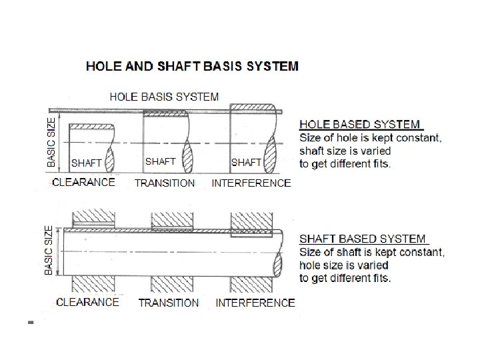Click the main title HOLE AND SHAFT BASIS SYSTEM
[x=193, y=66]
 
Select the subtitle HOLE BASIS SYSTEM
[x=164, y=97]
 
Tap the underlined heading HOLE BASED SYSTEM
[x=360, y=124]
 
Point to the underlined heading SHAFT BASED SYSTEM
[x=363, y=238]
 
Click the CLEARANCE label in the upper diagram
[x=83, y=182]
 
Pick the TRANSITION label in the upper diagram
[x=165, y=183]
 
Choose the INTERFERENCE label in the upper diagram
[x=251, y=183]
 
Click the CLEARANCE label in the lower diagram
[x=87, y=302]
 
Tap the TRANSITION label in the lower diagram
[x=169, y=303]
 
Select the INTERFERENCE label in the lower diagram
[x=255, y=303]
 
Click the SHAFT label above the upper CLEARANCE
[x=86, y=163]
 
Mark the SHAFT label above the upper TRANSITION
[x=160, y=161]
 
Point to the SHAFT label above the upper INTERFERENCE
[x=246, y=163]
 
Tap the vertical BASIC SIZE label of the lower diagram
[x=49, y=249]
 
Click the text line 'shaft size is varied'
[x=345, y=151]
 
